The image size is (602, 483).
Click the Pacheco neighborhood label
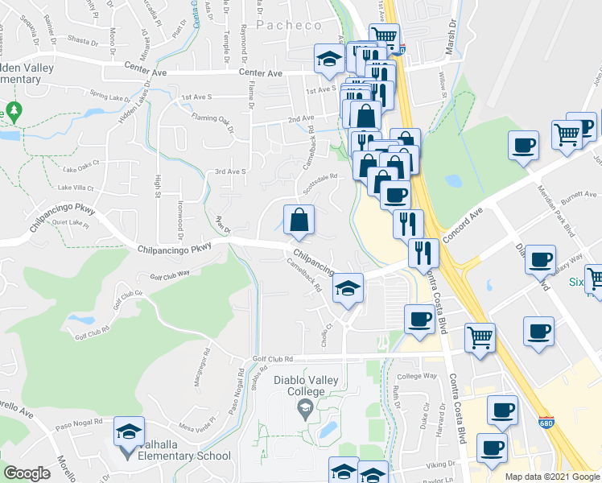click(x=289, y=26)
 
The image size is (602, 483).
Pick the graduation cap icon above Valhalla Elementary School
click(x=129, y=433)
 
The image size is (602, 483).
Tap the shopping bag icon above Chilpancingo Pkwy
click(x=299, y=218)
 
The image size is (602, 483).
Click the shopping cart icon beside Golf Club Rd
click(x=480, y=336)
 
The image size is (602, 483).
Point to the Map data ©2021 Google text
click(x=552, y=477)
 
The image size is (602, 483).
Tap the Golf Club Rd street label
click(x=274, y=359)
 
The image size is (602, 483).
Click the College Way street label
click(x=417, y=377)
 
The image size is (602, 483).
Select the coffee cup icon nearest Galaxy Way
click(x=540, y=260)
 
